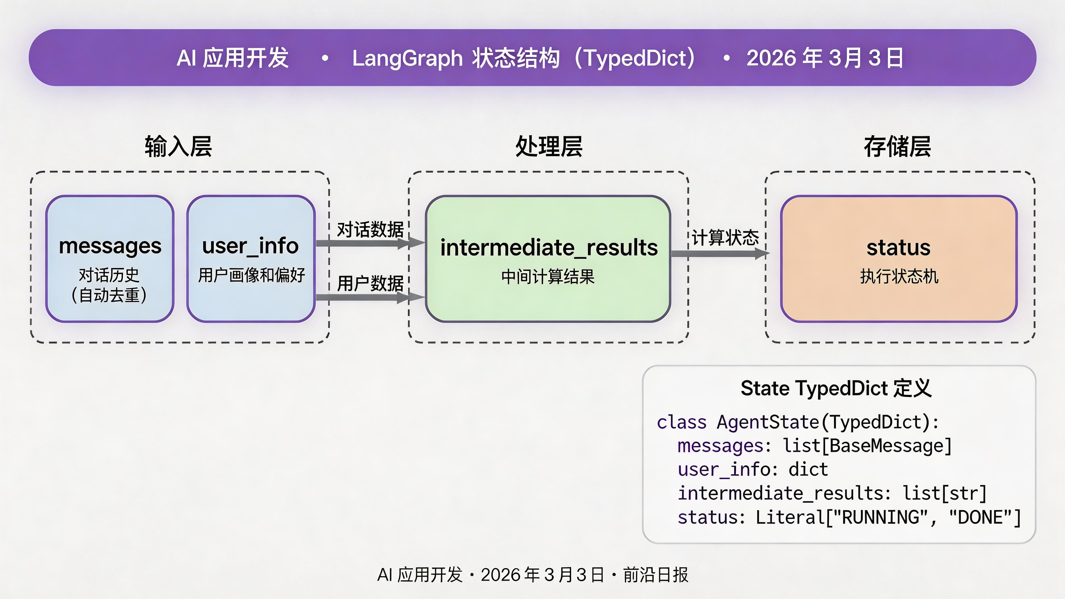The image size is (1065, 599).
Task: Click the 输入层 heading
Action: (178, 147)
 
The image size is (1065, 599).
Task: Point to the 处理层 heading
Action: (549, 147)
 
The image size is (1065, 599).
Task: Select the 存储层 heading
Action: (897, 147)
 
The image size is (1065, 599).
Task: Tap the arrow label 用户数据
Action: (370, 284)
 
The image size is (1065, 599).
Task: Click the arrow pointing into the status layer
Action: (719, 254)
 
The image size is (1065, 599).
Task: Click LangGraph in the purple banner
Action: (407, 58)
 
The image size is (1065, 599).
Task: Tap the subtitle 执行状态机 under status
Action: (899, 276)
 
